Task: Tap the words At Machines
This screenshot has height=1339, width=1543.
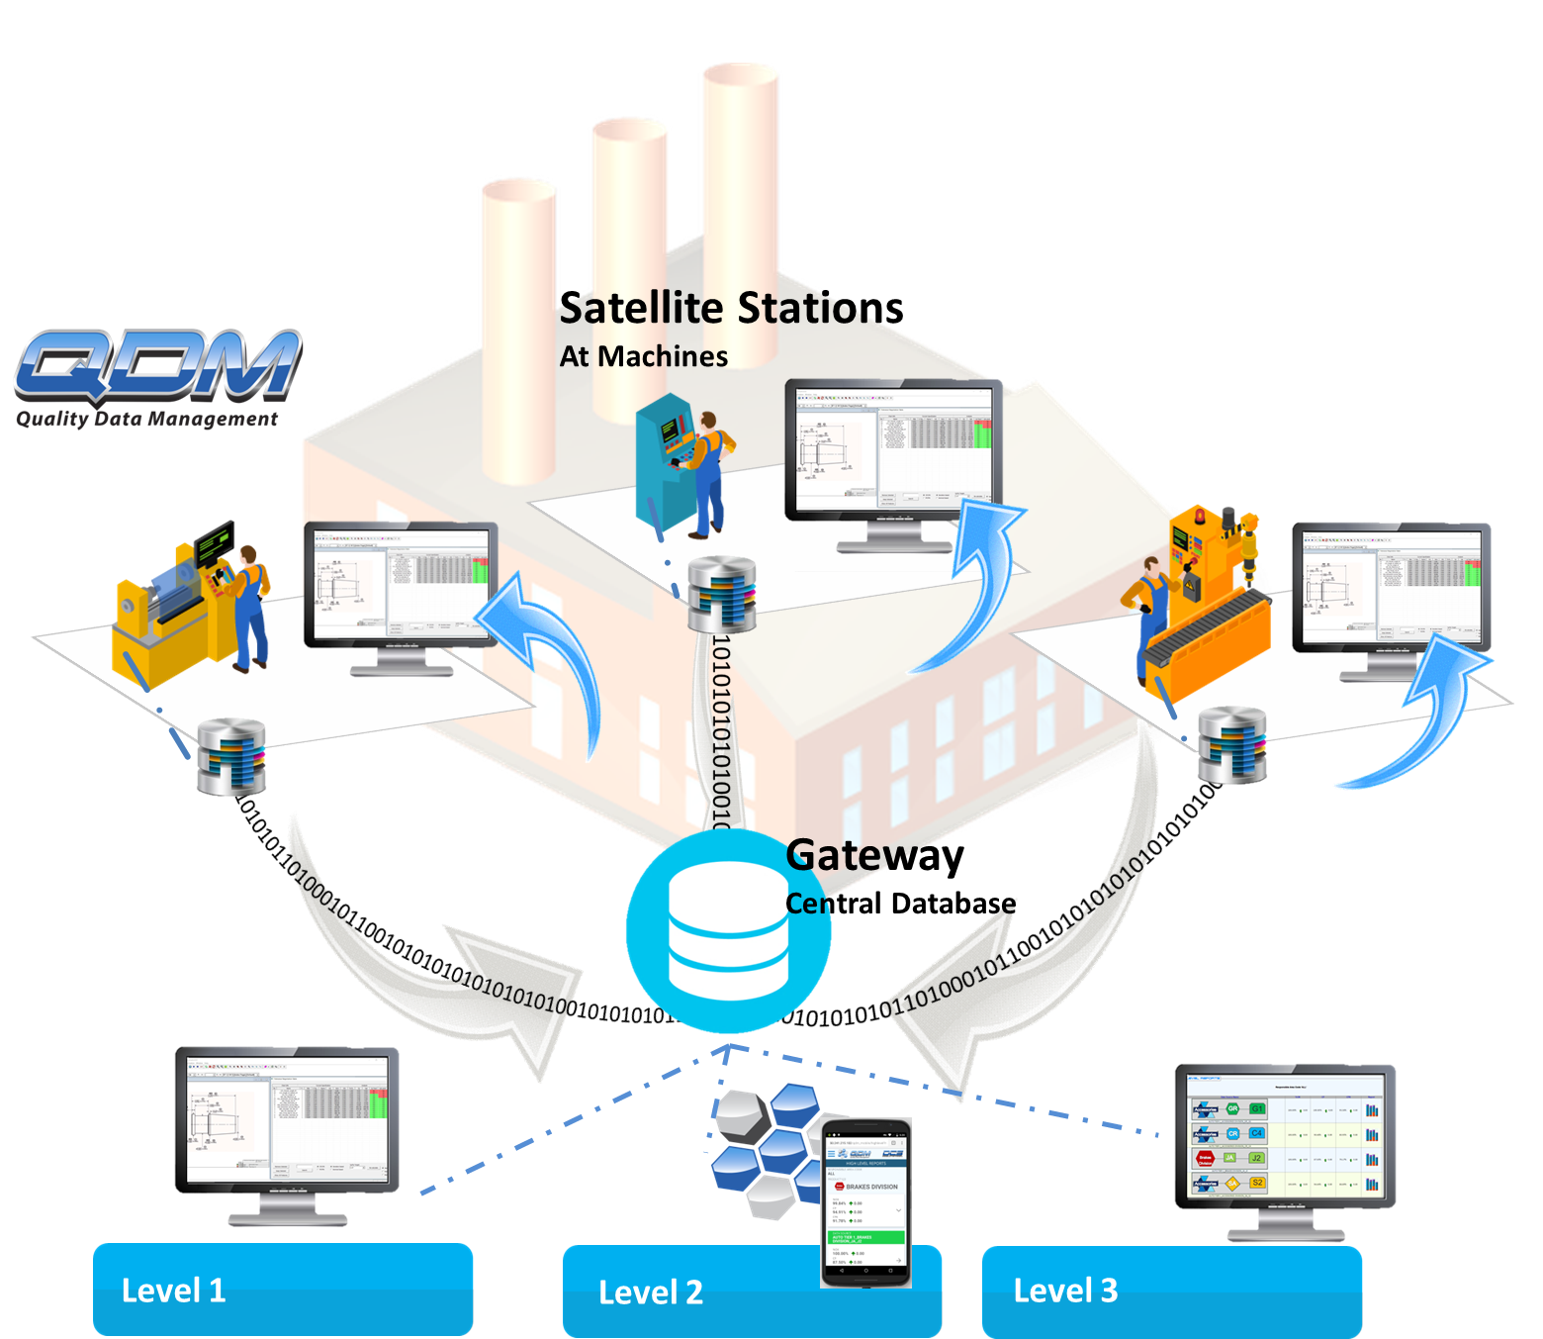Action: (x=643, y=356)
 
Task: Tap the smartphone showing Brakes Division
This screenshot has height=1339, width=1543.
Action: (x=866, y=1201)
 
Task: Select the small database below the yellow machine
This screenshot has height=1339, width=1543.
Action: (x=230, y=757)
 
